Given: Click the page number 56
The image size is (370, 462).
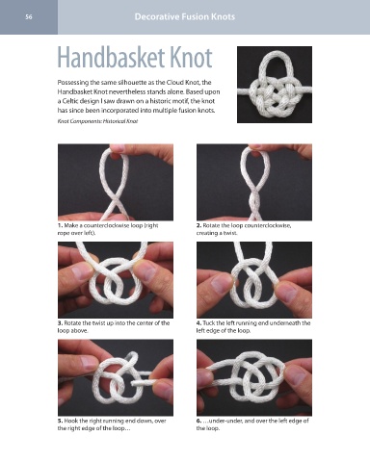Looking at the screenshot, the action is [29, 17].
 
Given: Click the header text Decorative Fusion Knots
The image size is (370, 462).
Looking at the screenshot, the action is [185, 16].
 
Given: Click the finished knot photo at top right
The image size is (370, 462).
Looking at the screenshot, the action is [275, 85].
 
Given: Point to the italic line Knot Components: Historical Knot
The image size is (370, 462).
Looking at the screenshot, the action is [97, 121].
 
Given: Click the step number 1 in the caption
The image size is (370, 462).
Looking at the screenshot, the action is [60, 225].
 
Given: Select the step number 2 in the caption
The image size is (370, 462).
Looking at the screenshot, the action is [198, 225].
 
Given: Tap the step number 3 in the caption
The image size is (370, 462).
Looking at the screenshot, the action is [60, 323].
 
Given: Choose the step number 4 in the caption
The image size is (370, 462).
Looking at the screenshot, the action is [198, 323].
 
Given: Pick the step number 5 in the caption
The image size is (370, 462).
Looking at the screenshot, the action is [60, 421].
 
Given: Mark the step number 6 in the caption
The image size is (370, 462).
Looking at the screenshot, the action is [198, 421].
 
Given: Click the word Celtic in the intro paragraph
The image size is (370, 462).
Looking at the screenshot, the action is [70, 101].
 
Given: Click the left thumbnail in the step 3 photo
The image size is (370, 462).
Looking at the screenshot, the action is [82, 272].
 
